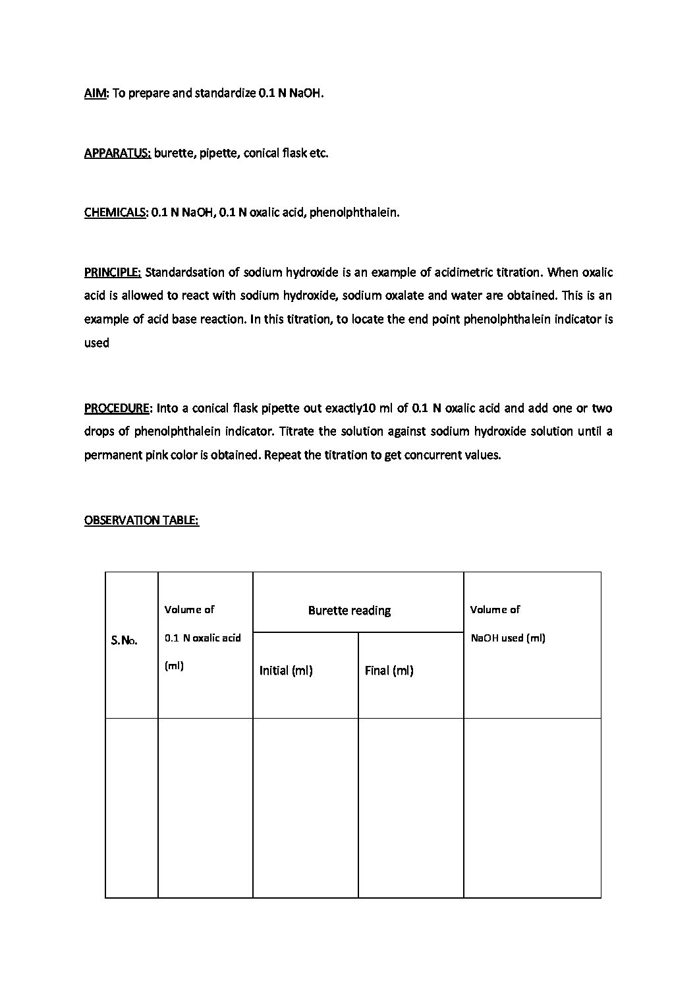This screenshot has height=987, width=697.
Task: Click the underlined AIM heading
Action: tap(95, 93)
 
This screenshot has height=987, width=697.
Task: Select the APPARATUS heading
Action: tap(117, 153)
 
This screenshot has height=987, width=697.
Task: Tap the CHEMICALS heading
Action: tap(115, 212)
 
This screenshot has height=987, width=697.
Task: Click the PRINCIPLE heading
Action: tap(113, 272)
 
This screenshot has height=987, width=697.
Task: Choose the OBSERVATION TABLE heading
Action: tap(142, 520)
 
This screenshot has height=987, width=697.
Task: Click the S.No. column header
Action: tap(125, 641)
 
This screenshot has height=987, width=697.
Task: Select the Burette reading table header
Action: tap(349, 611)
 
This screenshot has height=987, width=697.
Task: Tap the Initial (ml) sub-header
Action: tap(286, 671)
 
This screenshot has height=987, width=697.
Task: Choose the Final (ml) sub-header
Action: tap(389, 671)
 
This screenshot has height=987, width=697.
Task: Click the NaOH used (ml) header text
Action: tap(508, 638)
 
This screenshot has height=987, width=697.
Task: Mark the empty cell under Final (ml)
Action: tap(410, 808)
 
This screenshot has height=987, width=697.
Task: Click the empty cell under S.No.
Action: tap(132, 808)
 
